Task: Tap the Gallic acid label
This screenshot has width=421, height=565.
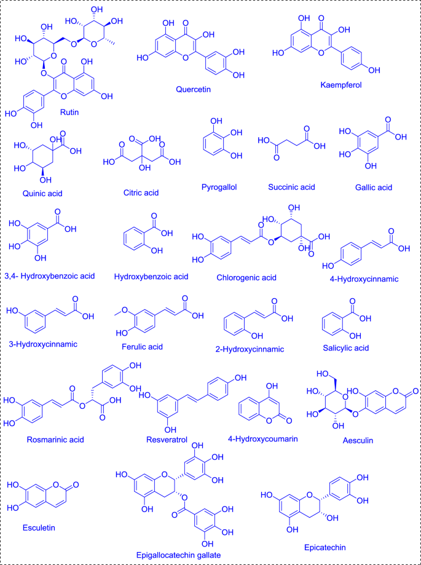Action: coord(368,187)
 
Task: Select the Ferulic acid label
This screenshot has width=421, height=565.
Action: coord(142,347)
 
